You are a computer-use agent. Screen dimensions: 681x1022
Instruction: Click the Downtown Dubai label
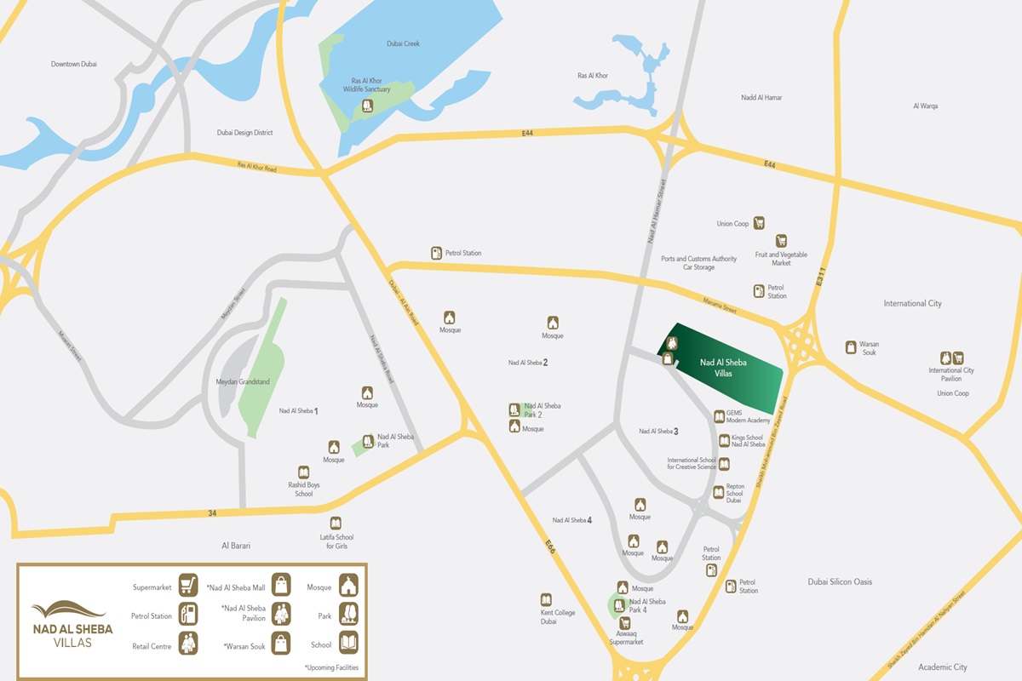pyautogui.click(x=74, y=65)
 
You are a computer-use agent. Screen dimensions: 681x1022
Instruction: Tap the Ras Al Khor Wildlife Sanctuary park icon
pyautogui.click(x=367, y=106)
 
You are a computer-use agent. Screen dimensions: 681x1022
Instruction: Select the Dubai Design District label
pyautogui.click(x=244, y=133)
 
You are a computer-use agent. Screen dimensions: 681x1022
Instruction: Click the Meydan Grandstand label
pyautogui.click(x=243, y=382)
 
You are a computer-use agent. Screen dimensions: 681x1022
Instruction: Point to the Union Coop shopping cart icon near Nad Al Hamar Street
pyautogui.click(x=759, y=223)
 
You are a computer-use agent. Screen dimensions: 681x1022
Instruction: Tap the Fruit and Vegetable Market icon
pyautogui.click(x=781, y=241)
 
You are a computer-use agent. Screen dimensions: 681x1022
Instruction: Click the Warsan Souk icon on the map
pyautogui.click(x=851, y=346)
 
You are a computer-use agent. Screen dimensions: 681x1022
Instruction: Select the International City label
pyautogui.click(x=912, y=304)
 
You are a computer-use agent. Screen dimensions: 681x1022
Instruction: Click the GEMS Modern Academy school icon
pyautogui.click(x=720, y=416)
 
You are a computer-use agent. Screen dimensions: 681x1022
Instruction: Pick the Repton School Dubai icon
pyautogui.click(x=719, y=492)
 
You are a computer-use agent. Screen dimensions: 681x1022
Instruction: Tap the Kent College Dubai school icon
pyautogui.click(x=546, y=600)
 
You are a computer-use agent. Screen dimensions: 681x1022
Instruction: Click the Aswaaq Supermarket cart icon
pyautogui.click(x=624, y=623)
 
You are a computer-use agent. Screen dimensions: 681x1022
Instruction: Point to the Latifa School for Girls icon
pyautogui.click(x=336, y=524)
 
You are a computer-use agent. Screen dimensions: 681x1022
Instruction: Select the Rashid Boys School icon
pyautogui.click(x=303, y=472)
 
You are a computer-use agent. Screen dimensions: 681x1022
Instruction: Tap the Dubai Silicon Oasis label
pyautogui.click(x=840, y=582)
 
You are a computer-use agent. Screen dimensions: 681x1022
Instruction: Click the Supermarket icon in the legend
pyautogui.click(x=188, y=586)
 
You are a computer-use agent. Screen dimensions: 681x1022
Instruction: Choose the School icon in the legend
pyautogui.click(x=348, y=643)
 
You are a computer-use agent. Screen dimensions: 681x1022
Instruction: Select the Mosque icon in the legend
pyautogui.click(x=348, y=586)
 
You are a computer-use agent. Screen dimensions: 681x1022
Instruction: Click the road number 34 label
pyautogui.click(x=212, y=513)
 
